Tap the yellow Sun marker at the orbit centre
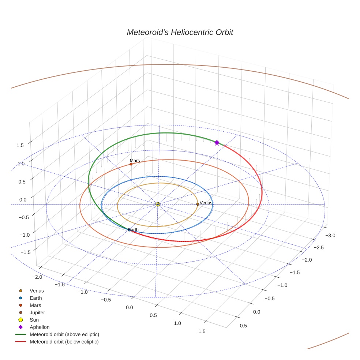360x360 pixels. click(x=158, y=204)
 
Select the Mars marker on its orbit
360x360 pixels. click(x=131, y=164)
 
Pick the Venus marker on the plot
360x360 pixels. click(x=198, y=204)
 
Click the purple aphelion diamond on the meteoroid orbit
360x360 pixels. click(x=217, y=142)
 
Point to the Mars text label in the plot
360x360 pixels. click(x=135, y=161)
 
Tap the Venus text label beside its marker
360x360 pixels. click(x=206, y=203)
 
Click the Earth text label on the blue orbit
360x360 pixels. click(x=134, y=230)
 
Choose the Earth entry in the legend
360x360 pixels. click(x=35, y=298)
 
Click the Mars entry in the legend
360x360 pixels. click(x=35, y=305)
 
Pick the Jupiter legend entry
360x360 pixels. click(x=37, y=313)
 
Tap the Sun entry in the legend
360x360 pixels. click(x=34, y=320)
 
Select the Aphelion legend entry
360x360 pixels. click(x=40, y=327)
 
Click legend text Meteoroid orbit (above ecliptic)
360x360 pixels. click(x=64, y=334)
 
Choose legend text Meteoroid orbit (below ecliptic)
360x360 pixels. click(x=64, y=342)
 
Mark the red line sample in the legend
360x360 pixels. click(x=20, y=342)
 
